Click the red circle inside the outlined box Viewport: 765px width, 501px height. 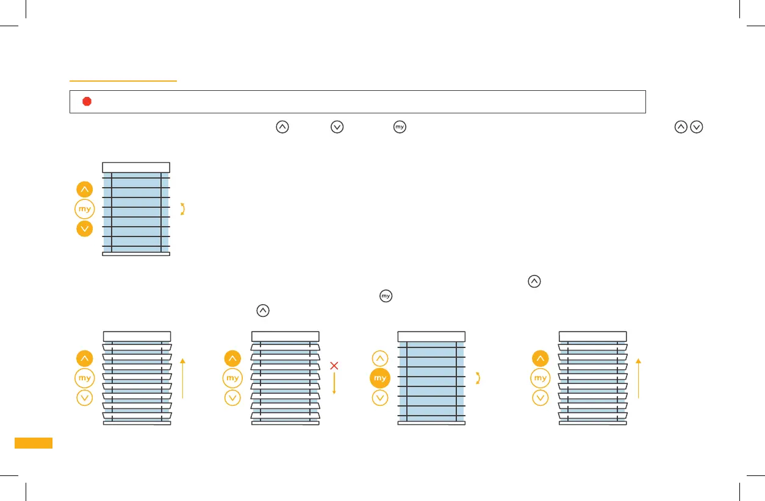[x=87, y=102]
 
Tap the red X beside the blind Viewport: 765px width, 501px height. [x=334, y=366]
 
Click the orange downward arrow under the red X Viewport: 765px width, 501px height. [x=334, y=383]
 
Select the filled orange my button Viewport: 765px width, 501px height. [x=380, y=378]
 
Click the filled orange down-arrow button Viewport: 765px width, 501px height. [x=85, y=229]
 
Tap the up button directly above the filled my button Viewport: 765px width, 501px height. [x=380, y=359]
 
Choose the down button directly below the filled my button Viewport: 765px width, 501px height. [x=380, y=398]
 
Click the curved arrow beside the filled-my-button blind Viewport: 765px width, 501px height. [x=478, y=378]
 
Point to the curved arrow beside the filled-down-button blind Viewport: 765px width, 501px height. [x=182, y=209]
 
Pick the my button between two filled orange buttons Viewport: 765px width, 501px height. [x=85, y=209]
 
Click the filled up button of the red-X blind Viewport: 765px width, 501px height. [x=232, y=359]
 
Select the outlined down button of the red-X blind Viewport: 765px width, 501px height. [x=232, y=398]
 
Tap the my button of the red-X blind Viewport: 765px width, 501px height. [x=232, y=378]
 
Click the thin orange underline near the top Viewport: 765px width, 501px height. [x=123, y=80]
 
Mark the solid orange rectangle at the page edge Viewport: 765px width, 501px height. [x=34, y=443]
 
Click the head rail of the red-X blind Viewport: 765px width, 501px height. [x=285, y=336]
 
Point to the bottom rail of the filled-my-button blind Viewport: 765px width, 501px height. [x=431, y=422]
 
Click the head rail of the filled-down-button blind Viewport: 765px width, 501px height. [x=136, y=168]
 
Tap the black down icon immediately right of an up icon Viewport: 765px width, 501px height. [x=697, y=127]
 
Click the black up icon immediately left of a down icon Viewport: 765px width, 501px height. [x=681, y=127]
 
